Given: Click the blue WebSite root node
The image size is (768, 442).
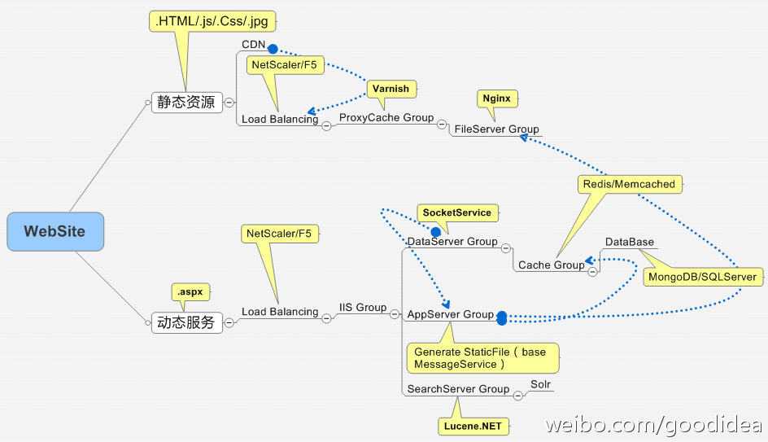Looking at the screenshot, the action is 55,231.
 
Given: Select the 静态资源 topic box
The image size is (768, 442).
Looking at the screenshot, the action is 186,102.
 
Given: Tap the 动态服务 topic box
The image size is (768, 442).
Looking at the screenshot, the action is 186,322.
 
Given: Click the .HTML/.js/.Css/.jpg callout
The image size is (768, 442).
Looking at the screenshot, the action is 212,21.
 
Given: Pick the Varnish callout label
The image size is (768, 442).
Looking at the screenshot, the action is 391,89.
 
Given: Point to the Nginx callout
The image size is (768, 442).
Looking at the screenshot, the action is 496,98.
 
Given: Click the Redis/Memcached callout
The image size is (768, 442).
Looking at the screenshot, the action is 630,184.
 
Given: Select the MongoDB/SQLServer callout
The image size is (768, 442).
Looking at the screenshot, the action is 703,277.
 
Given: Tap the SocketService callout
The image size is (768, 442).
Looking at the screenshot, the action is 457,212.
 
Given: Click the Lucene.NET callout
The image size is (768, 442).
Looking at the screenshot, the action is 473,427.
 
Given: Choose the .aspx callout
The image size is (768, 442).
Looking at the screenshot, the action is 190,292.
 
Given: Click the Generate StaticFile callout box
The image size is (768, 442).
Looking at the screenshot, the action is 482,358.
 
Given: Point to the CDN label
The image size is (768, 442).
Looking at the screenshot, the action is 253,45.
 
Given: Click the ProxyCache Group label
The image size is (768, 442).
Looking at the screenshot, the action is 386,117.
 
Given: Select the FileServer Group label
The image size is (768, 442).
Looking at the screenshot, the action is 496,129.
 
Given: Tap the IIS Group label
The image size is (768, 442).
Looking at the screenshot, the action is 363,307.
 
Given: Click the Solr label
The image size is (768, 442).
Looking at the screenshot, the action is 541,384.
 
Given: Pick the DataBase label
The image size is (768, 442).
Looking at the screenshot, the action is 630,242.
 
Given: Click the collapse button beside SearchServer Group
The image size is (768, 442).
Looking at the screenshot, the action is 518,396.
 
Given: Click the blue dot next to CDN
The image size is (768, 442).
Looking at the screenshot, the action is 273,49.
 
